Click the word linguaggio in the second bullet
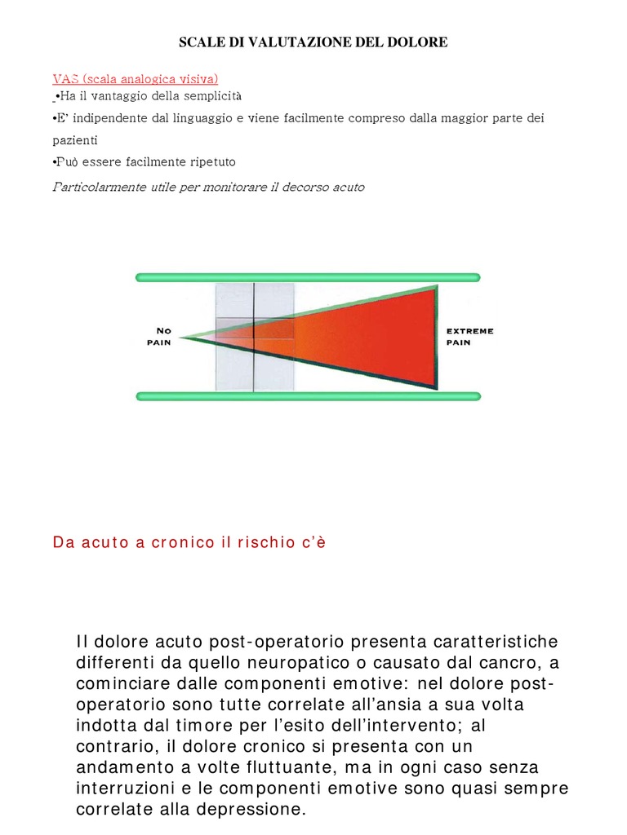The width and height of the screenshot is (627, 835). (238, 118)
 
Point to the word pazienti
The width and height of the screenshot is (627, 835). (74, 140)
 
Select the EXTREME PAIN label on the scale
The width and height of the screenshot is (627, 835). (469, 337)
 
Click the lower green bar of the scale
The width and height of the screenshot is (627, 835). (308, 396)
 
